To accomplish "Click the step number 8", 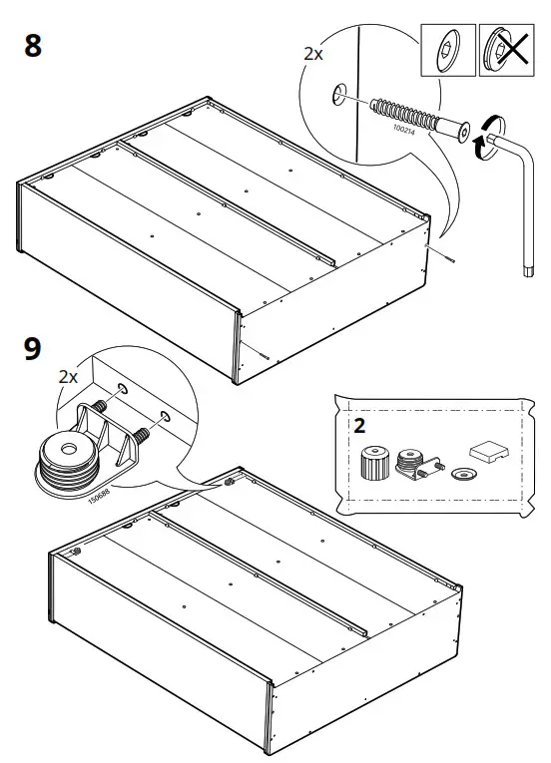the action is (x=33, y=46).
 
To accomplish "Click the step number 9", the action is (x=33, y=349).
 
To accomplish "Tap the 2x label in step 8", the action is (x=313, y=54).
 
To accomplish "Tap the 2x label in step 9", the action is (x=68, y=376).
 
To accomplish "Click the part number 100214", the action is (x=404, y=130).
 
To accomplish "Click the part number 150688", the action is (x=99, y=496).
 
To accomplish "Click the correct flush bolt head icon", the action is (x=448, y=50).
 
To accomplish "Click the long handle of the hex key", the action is (x=528, y=214).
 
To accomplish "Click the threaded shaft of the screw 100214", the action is (x=403, y=116).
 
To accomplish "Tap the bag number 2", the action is (x=359, y=426).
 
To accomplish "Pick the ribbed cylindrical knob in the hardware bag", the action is (x=374, y=463).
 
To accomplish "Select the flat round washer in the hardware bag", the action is (x=464, y=474).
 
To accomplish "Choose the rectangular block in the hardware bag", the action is (x=489, y=452).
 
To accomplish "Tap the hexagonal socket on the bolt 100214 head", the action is (x=465, y=132).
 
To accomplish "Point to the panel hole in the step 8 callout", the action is (x=339, y=95).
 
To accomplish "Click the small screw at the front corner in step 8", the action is (x=264, y=356).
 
